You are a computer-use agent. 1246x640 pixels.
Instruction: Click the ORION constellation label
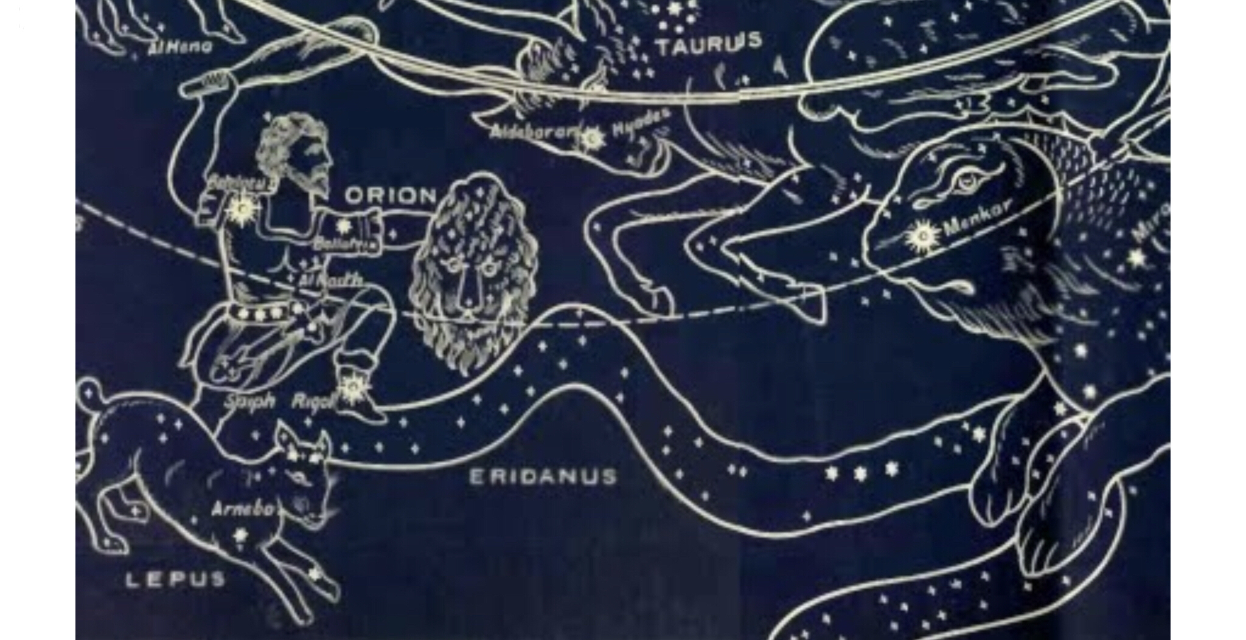(391, 196)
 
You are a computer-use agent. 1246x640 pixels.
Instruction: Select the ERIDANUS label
(543, 477)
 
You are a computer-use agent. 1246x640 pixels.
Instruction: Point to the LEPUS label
(175, 580)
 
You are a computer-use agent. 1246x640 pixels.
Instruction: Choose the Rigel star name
(313, 402)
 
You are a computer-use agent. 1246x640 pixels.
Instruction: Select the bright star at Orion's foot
(352, 387)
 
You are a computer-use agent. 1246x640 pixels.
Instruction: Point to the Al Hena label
(181, 47)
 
